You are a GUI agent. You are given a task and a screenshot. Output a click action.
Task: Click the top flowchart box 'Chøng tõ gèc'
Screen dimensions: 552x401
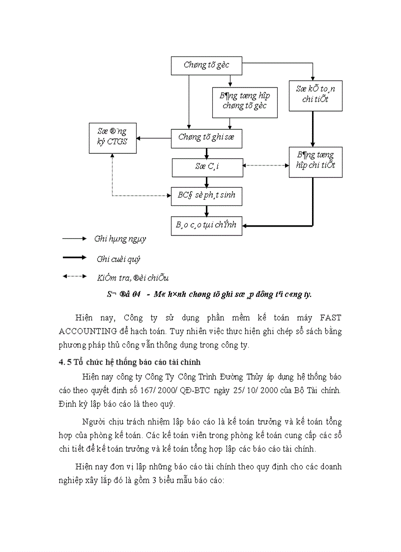click(206, 65)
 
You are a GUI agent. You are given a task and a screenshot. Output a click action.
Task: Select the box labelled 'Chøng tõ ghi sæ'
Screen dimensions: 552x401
click(206, 138)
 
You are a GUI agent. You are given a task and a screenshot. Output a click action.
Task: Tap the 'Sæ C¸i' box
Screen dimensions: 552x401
click(207, 167)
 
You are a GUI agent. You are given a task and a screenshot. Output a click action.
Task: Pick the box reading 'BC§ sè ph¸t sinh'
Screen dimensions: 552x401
click(206, 196)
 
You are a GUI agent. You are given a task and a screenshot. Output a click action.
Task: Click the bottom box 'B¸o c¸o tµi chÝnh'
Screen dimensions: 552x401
click(206, 225)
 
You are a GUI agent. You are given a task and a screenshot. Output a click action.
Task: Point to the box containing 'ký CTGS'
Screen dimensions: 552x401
click(112, 138)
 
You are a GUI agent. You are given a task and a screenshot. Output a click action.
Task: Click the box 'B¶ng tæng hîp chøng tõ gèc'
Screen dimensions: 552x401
click(244, 102)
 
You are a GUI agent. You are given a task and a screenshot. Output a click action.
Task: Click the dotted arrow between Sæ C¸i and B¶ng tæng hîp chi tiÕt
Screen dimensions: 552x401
click(266, 166)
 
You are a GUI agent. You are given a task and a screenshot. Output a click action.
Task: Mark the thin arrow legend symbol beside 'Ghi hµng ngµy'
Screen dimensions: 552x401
click(74, 239)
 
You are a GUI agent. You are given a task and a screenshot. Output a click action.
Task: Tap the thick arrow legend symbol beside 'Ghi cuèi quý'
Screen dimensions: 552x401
click(74, 258)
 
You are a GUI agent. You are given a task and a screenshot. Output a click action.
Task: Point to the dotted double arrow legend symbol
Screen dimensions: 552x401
click(74, 276)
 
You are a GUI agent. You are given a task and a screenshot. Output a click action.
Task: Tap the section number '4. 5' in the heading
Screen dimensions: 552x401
click(65, 363)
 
